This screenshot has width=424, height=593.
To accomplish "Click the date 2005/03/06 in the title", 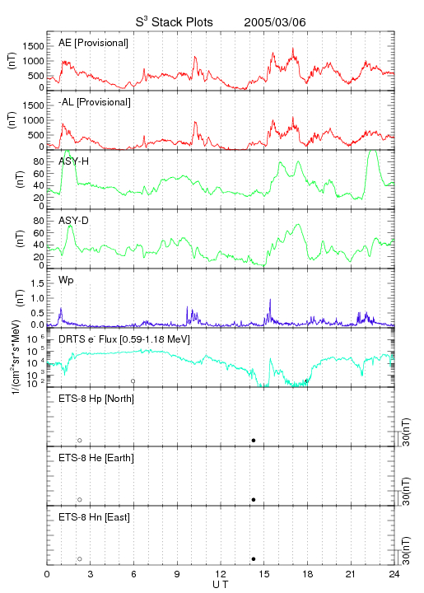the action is tap(275, 22).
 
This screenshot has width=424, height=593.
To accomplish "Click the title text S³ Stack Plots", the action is tap(175, 22).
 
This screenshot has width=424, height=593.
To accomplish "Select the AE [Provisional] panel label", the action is tap(93, 43).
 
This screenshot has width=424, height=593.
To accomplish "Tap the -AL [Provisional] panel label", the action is tap(95, 102).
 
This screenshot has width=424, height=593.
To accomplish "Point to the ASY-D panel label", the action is tap(73, 221).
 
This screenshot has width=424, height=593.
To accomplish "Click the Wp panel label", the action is tap(66, 280).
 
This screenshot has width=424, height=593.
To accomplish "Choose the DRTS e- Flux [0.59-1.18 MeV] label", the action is tap(124, 339).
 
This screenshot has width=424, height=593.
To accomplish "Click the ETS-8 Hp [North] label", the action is tap(96, 399).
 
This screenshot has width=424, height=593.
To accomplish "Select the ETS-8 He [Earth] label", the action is tap(96, 458).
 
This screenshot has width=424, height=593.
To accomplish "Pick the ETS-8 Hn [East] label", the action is tap(94, 517).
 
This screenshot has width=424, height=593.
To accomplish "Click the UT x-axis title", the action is tap(221, 585).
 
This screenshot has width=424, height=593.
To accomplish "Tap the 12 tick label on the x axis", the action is tap(221, 574).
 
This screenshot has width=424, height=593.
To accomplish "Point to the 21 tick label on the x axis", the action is tap(351, 574).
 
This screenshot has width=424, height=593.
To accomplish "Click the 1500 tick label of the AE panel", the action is tap(34, 46).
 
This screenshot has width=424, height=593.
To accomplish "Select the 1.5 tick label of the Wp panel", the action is tap(37, 283).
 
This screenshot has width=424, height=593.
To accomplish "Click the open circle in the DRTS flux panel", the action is tap(133, 381).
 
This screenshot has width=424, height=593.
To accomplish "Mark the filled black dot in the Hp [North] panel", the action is tap(254, 440).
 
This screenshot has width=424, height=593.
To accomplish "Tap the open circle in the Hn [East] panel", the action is tap(80, 559).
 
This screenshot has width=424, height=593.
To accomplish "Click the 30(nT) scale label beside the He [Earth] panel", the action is tap(406, 491).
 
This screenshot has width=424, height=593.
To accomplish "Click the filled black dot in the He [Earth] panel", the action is tap(254, 500).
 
